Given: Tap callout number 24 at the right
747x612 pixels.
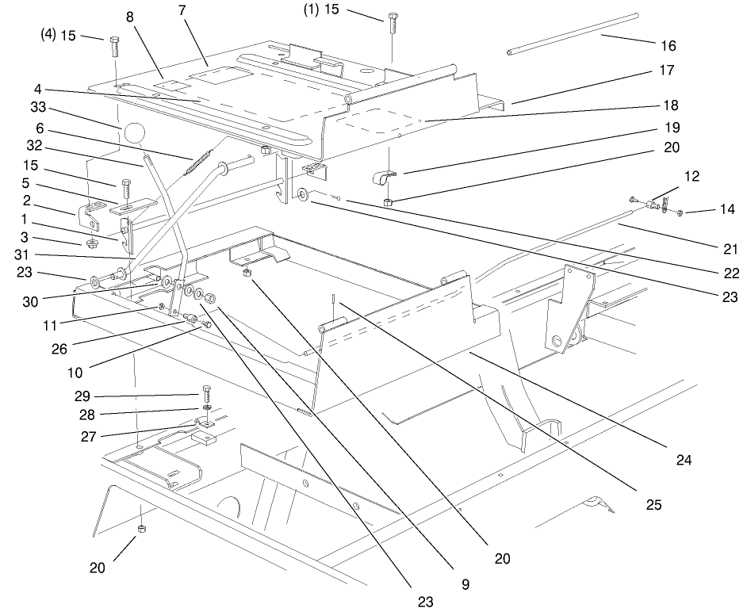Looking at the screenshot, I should point(684,459).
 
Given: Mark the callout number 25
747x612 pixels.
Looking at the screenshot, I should point(653,503).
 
